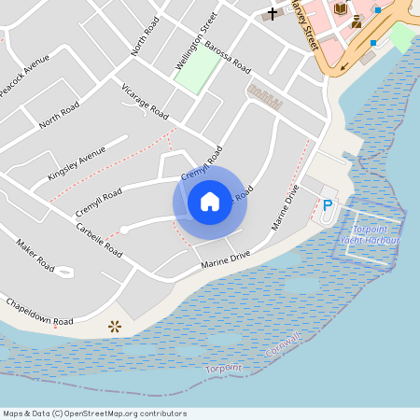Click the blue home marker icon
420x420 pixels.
point(210,201)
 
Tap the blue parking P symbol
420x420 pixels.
point(328,204)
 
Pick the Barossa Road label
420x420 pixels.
point(229,57)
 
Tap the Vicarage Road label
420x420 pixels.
point(145,102)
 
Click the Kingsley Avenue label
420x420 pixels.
point(77,164)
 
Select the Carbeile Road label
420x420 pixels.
point(99,240)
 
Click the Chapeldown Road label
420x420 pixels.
point(38,312)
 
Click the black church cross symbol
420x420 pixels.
point(273,14)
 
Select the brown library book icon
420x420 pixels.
point(340,8)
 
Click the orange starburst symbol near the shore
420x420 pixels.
point(115,326)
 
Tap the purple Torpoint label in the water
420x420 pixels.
point(224,368)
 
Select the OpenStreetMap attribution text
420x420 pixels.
point(94,413)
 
